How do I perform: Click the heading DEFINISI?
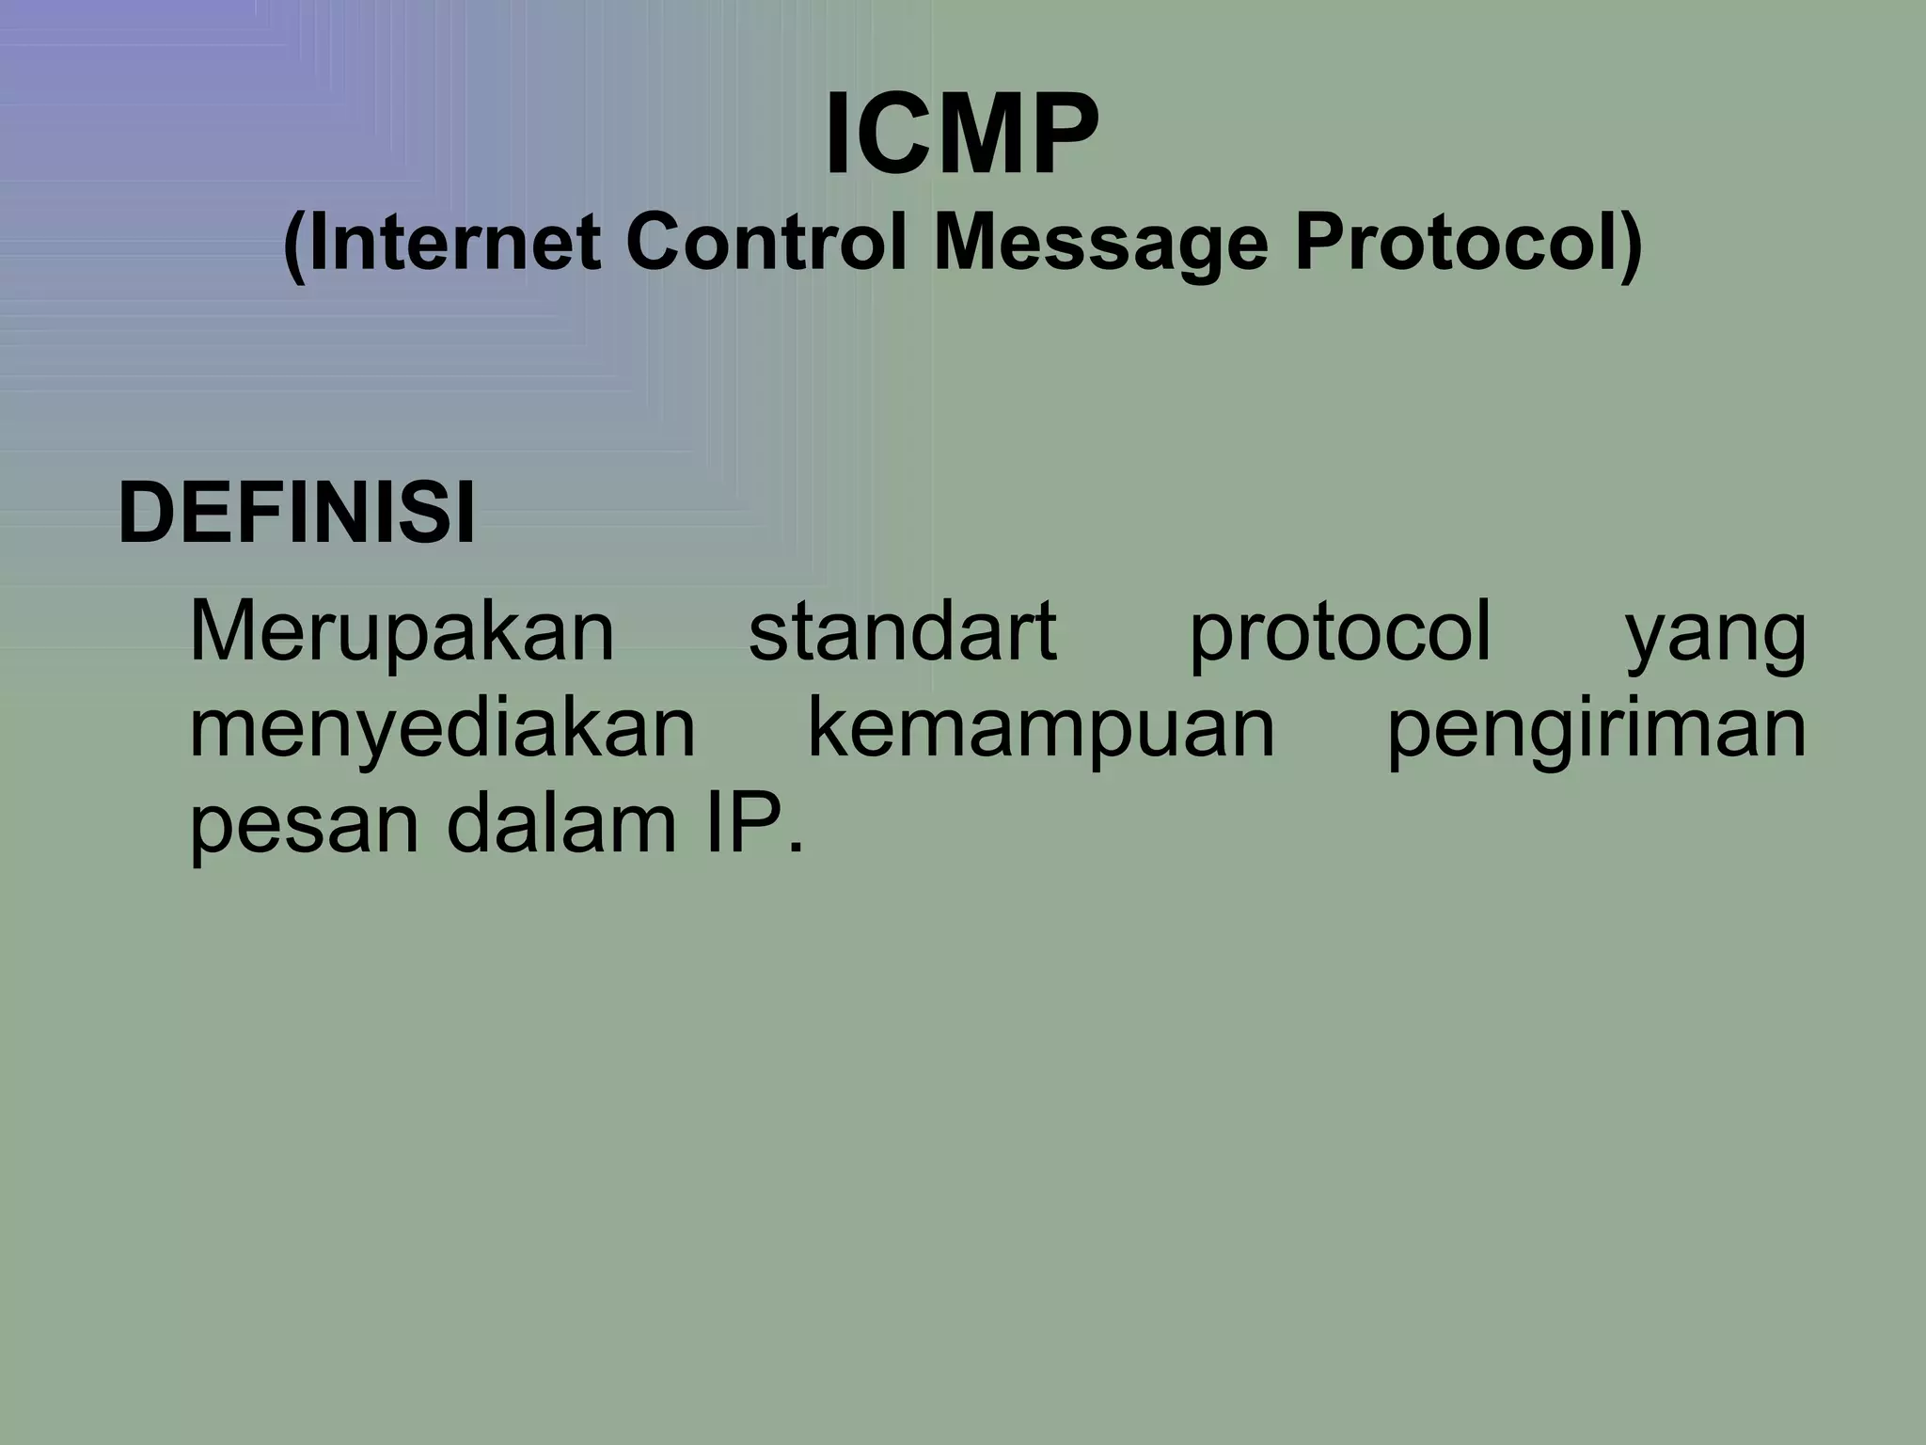296,514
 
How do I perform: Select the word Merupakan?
402,632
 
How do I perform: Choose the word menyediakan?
442,730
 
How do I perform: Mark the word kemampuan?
1041,730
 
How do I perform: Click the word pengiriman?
1596,730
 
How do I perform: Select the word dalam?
560,822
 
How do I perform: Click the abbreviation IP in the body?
744,822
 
